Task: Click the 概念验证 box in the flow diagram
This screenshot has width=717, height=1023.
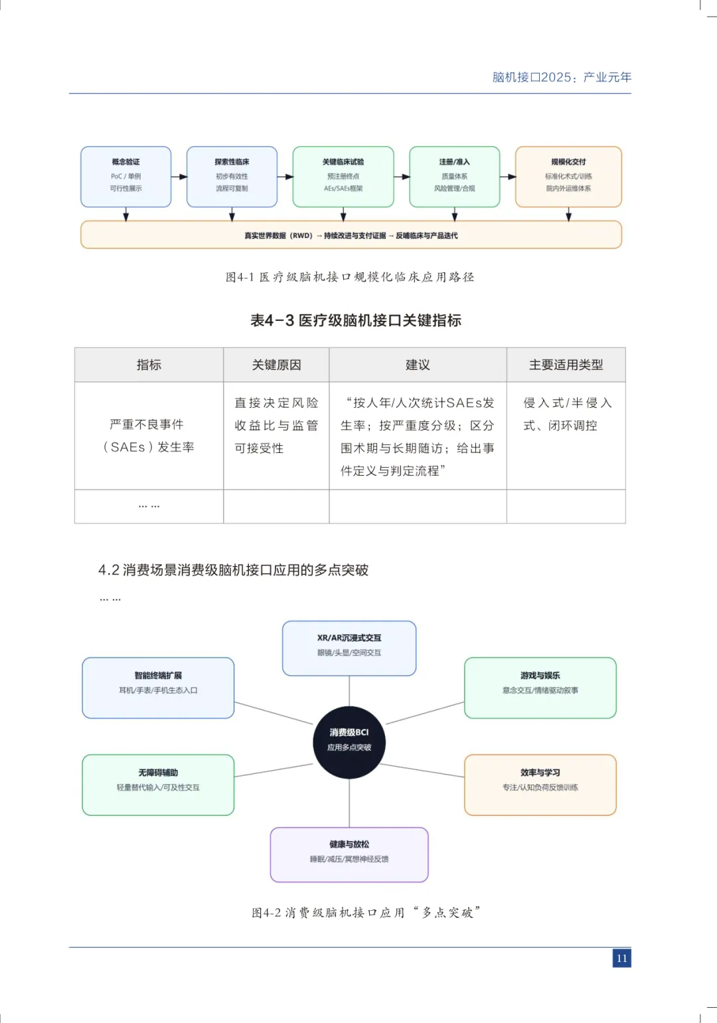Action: [126, 177]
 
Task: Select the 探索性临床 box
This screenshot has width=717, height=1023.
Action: [232, 177]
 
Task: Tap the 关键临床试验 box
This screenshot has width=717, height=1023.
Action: [343, 177]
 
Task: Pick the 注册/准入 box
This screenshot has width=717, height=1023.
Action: [455, 177]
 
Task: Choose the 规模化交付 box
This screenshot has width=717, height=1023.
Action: [568, 177]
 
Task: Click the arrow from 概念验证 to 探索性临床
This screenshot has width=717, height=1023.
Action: [179, 177]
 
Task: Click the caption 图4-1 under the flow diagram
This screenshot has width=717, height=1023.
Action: [350, 277]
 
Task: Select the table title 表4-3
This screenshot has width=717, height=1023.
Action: [356, 321]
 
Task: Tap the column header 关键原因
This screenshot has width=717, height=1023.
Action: [276, 365]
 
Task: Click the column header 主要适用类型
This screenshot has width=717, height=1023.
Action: [566, 365]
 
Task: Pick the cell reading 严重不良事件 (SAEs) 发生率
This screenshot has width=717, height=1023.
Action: [149, 436]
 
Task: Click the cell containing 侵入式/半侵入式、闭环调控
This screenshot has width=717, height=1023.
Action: [566, 415]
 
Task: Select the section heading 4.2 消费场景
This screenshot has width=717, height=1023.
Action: [233, 570]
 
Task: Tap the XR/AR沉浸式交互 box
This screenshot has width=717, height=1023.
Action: [349, 648]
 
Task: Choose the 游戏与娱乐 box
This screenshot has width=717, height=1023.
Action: [540, 688]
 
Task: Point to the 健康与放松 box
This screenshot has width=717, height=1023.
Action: [349, 854]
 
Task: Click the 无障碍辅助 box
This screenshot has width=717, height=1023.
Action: [158, 785]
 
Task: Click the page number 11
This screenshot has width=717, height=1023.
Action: [621, 958]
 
